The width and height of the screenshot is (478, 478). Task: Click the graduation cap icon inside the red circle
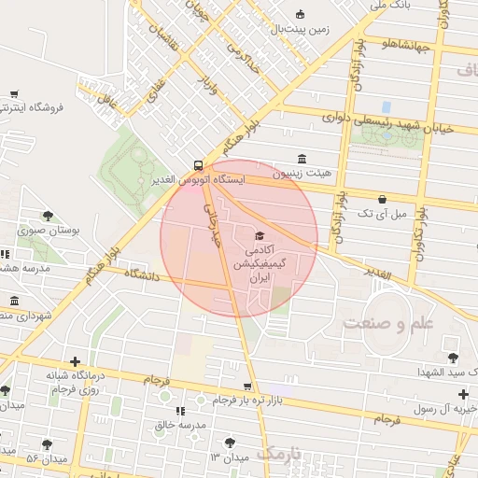260,235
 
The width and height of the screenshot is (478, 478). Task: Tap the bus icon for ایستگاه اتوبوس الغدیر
198,162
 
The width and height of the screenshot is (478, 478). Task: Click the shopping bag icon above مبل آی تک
383,199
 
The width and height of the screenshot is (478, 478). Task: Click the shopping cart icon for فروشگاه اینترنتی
15,93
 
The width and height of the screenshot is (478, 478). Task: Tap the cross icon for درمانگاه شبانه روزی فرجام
75,360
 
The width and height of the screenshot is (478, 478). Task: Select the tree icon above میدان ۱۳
230,443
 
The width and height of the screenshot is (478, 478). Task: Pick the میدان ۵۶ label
44,458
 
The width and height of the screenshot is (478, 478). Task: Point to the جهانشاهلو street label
404,44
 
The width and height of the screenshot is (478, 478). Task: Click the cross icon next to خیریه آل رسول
463,394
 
